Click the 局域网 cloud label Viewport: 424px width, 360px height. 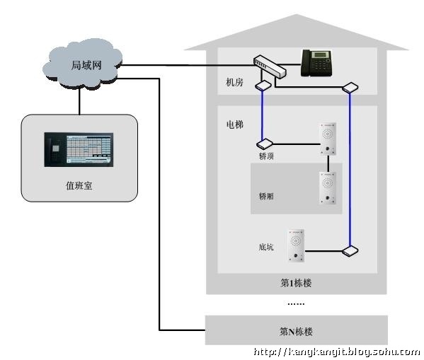[x=86, y=65]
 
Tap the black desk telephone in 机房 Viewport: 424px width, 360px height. [x=316, y=63]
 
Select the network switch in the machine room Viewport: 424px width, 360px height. [x=270, y=66]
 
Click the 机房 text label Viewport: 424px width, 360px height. [x=234, y=82]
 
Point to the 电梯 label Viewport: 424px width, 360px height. [x=235, y=124]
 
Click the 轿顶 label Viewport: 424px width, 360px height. [x=266, y=156]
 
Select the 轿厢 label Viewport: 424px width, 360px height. [x=266, y=196]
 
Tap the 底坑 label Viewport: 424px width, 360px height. [x=266, y=247]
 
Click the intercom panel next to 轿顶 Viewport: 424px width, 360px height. [x=328, y=139]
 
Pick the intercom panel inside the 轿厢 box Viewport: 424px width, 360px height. [x=328, y=188]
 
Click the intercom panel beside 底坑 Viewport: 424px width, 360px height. [x=296, y=245]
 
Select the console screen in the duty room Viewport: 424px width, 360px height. [x=79, y=149]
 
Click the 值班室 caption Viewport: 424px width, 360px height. [x=79, y=186]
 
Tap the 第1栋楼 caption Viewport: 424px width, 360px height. [x=296, y=283]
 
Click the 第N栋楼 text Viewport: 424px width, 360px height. [x=296, y=331]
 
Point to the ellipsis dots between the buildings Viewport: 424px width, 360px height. [x=296, y=304]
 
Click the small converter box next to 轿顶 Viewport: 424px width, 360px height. [x=265, y=144]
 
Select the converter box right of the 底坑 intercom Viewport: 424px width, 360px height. [x=350, y=251]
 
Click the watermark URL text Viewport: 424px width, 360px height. [x=337, y=352]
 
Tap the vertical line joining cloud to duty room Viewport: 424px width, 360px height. [x=79, y=102]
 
